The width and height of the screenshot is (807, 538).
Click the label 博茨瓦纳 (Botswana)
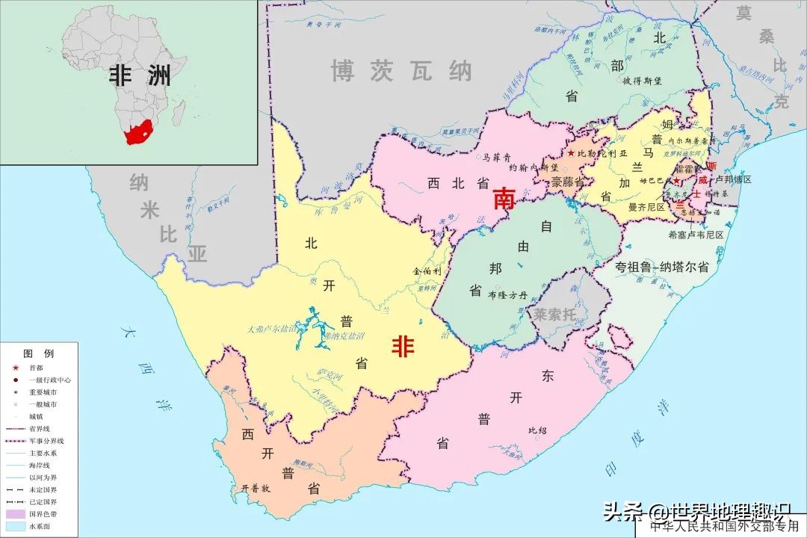coord(402,71)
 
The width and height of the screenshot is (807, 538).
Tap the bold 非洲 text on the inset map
coord(140,75)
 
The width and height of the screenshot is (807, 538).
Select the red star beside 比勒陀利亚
coord(571,153)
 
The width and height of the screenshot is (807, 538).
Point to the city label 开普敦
coord(255,487)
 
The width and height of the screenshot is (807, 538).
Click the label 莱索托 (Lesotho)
coord(554,314)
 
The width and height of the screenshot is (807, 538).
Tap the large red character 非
coord(403,346)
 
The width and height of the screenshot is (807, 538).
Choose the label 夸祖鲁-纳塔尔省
coord(661,267)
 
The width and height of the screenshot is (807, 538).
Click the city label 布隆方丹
coord(507,295)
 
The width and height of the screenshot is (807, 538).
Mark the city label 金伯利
coord(427,271)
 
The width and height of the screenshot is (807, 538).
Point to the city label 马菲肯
coord(496,158)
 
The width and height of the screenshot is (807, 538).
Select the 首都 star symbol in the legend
coord(15,368)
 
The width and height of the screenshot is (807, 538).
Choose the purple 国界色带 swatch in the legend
coord(15,514)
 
